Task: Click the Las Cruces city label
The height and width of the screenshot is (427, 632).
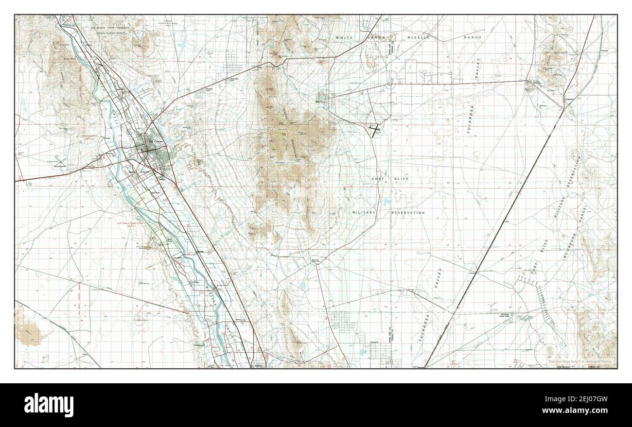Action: (155, 141)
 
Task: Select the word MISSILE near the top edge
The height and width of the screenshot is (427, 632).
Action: (419, 37)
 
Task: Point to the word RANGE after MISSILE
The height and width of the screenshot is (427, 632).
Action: (473, 37)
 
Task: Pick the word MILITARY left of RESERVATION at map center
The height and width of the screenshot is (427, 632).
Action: (364, 213)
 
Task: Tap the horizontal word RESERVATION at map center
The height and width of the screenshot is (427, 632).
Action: (408, 213)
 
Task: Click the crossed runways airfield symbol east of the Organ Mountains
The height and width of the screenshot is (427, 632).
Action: (375, 130)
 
